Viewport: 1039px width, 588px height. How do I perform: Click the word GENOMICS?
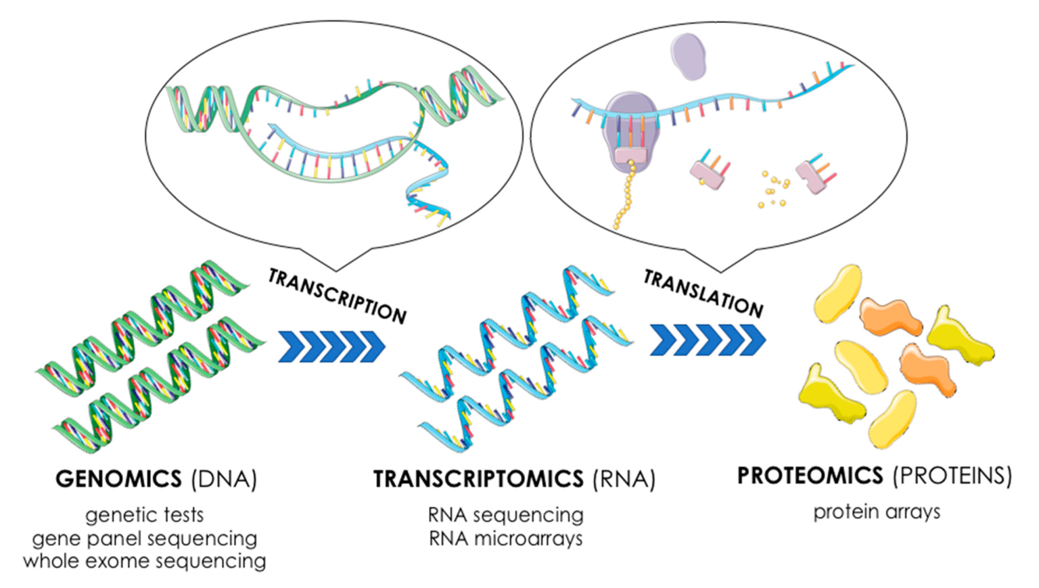click(118, 479)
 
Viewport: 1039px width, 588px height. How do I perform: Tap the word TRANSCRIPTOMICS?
click(478, 479)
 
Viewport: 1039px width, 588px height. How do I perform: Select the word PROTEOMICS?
click(810, 476)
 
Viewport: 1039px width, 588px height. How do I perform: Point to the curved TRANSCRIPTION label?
click(337, 296)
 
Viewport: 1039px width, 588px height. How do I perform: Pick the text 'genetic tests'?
click(144, 515)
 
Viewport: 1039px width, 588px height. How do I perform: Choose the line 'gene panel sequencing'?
click(144, 538)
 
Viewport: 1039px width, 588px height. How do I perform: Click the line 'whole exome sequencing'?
click(144, 561)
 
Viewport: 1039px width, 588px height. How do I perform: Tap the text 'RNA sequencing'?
click(505, 515)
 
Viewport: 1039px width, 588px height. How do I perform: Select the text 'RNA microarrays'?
click(505, 539)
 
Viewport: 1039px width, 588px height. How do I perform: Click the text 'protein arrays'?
click(877, 512)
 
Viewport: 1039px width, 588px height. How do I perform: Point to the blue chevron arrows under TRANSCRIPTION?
click(331, 346)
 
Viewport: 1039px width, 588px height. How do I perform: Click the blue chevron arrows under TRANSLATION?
click(708, 339)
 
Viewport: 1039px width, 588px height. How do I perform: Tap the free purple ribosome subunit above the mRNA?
click(688, 57)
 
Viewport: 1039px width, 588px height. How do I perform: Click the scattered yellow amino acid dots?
click(774, 189)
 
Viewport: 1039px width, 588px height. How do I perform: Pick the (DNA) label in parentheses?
click(224, 479)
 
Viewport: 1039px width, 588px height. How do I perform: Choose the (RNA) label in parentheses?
click(624, 479)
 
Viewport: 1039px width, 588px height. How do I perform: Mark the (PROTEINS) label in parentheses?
click(952, 476)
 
